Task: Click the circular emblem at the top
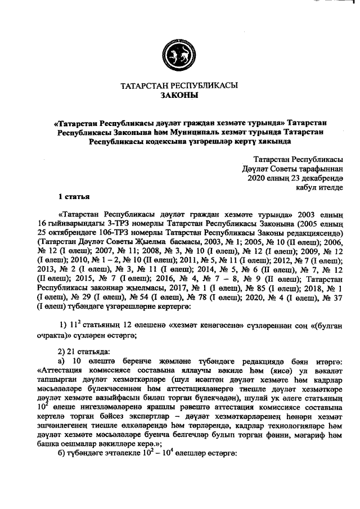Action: point(180,54)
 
